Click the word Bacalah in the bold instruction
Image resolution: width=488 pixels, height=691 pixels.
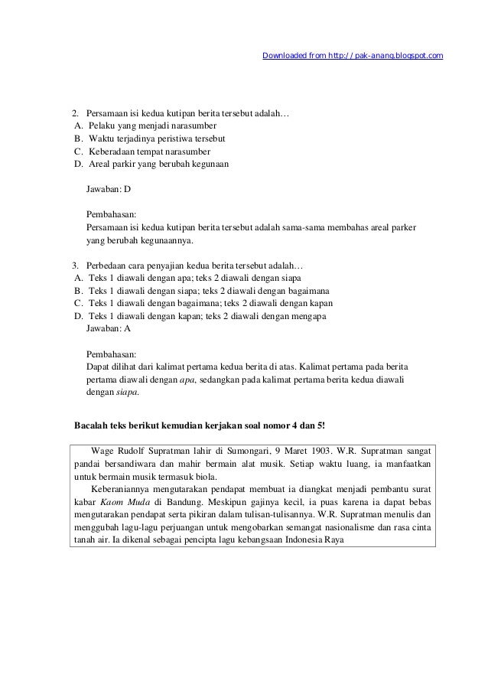tap(91, 425)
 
